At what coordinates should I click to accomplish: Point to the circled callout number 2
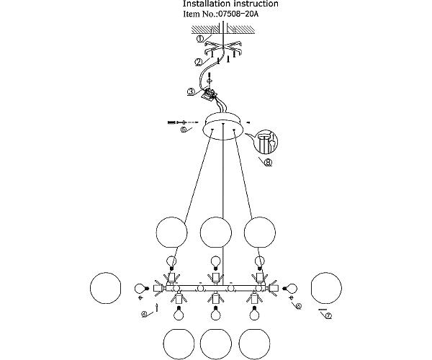(198, 63)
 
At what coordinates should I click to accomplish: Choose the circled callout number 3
(190, 91)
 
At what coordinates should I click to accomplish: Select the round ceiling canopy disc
(223, 125)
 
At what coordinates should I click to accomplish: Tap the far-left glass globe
(105, 289)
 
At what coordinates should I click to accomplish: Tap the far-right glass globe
(328, 289)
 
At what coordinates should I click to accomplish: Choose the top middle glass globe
(215, 232)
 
